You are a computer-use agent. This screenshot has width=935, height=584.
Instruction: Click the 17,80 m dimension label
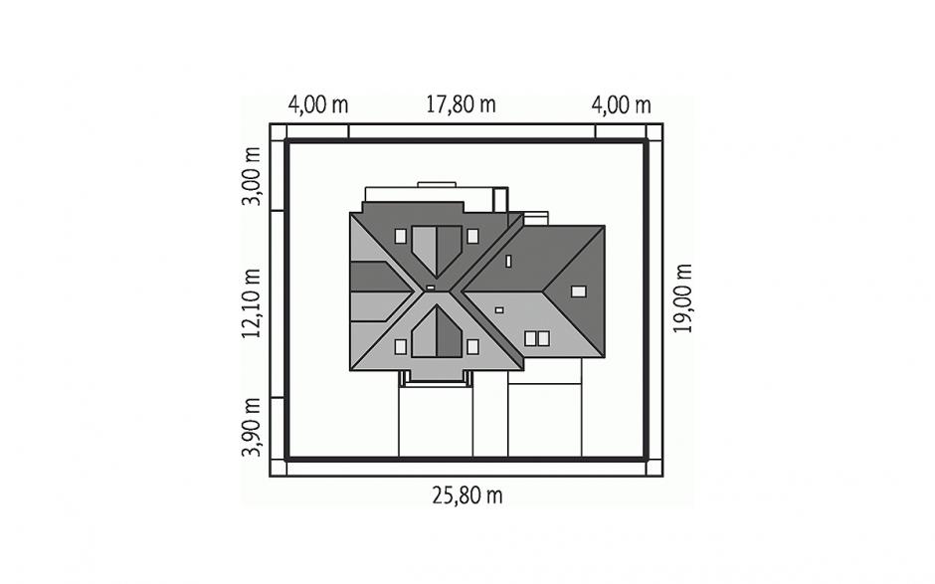(x=461, y=104)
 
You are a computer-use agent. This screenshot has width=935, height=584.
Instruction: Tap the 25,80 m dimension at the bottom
(x=467, y=495)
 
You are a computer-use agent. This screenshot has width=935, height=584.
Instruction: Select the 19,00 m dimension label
(x=682, y=297)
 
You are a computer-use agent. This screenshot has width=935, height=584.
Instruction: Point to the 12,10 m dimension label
(x=251, y=303)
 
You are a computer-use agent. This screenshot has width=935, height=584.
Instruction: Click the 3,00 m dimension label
(x=251, y=176)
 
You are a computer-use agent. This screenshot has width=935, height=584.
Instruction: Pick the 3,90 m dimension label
(x=251, y=427)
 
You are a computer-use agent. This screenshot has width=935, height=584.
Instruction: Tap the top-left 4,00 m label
(x=318, y=105)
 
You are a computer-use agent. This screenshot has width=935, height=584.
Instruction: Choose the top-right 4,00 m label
(x=621, y=105)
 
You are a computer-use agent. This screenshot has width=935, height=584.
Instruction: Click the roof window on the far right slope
(x=579, y=292)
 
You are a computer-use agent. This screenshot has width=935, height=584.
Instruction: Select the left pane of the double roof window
(x=530, y=339)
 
